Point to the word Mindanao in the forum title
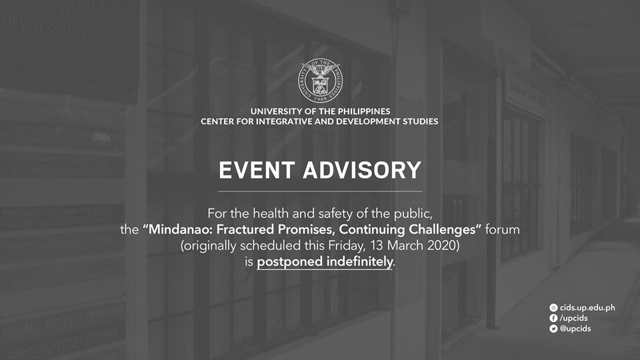coord(176,230)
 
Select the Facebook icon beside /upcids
coord(553,318)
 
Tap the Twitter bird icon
coord(553,329)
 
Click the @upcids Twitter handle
coord(575,329)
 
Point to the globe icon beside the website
coord(553,307)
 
